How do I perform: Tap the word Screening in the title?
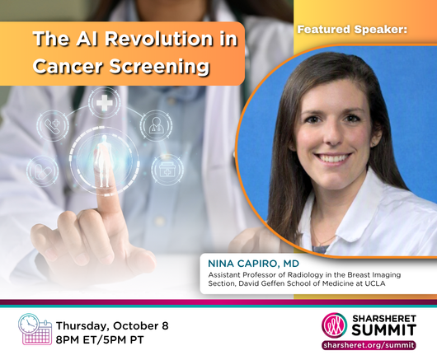click(159, 66)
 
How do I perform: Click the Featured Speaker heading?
click(352, 29)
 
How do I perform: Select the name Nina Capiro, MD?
click(254, 264)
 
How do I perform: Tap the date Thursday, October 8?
click(112, 325)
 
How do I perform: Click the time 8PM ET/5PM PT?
click(100, 340)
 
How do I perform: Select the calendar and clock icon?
click(35, 329)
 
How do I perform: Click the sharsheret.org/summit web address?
click(369, 345)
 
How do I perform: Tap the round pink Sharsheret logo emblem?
click(334, 325)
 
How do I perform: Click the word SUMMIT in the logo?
click(384, 330)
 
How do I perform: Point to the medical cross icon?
click(105, 102)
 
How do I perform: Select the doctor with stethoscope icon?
click(156, 125)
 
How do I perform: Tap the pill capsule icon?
click(43, 171)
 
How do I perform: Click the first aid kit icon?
click(167, 170)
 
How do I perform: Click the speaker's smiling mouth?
click(333, 158)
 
